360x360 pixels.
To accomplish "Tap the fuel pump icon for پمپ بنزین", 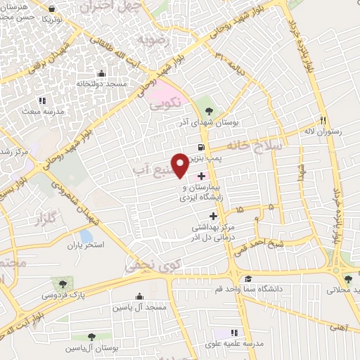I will (x=202, y=148).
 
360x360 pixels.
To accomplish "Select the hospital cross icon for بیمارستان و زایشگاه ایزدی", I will (x=202, y=176).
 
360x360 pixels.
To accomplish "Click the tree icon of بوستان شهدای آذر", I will (x=207, y=110).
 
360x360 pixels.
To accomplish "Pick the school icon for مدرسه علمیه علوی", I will (x=235, y=332).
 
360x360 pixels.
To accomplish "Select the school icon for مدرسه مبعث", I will (x=41, y=101).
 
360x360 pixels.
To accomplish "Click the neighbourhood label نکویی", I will (x=167, y=103).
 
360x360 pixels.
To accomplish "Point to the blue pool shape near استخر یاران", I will (x=86, y=237).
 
